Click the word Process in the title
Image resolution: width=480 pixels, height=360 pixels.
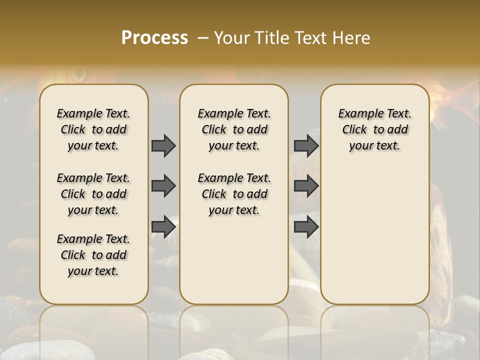point(154,38)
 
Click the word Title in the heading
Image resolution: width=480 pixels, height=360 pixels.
point(269,38)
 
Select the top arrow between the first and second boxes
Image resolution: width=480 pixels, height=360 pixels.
point(163,145)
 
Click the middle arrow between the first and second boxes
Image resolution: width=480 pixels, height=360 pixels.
point(163,186)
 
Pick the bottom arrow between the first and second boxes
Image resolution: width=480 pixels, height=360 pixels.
point(163,227)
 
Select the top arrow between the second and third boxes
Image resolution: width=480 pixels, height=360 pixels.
point(306,145)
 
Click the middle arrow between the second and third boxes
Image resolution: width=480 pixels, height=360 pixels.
point(306,186)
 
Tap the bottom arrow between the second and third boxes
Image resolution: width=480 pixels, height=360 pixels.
point(306,227)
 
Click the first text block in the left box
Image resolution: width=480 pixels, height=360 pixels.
point(93,129)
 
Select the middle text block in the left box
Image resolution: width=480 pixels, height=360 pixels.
point(93,194)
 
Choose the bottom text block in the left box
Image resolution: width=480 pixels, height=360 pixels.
point(93,255)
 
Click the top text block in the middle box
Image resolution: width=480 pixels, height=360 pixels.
point(234,129)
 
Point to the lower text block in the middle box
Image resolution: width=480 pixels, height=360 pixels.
point(234,194)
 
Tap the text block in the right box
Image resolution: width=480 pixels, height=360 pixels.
point(374,129)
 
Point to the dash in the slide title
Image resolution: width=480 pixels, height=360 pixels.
point(203,38)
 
